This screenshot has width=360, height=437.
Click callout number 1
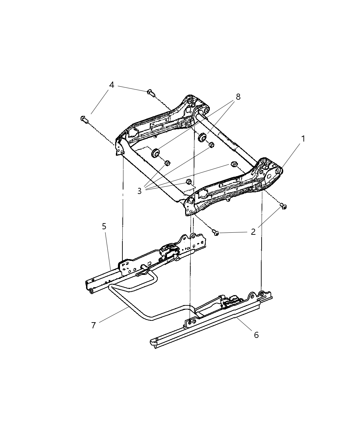303,139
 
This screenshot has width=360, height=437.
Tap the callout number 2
253,232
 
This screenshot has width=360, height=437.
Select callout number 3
139,191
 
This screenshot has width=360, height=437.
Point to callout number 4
112,85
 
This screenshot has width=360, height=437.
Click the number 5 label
104,227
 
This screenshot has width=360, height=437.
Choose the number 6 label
256,335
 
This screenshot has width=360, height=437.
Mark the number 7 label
94,325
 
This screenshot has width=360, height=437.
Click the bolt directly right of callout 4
150,92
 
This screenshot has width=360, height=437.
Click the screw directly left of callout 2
216,233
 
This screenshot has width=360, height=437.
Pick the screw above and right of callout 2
283,206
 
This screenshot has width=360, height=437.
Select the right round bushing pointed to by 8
203,138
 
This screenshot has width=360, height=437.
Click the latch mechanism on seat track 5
169,250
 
